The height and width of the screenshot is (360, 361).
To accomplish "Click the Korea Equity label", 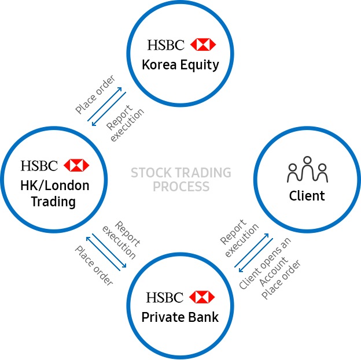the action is [x=181, y=65].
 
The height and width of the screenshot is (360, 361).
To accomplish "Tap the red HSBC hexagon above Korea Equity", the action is [x=203, y=44].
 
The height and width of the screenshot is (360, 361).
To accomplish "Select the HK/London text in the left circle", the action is [x=55, y=185].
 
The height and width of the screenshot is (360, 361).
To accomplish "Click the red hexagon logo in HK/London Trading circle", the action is [x=76, y=165].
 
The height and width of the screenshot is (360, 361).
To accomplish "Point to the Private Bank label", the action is [x=180, y=317].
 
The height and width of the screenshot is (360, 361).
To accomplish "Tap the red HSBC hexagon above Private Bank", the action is [x=202, y=297].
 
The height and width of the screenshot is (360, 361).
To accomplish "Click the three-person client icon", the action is [x=307, y=169].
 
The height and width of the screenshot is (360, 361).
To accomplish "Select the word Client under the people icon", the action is [x=307, y=196].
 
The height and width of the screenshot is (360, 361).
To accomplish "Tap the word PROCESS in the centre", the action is [x=181, y=187].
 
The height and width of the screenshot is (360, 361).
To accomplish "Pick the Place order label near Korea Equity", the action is [x=95, y=94].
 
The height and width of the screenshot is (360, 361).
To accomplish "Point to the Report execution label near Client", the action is [x=240, y=238].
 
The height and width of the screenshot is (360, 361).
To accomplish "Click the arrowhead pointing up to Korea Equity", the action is [x=120, y=89].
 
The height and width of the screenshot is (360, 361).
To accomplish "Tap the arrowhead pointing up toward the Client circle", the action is [x=267, y=236].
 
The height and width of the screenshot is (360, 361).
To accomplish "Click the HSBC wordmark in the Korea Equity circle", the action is [x=166, y=44].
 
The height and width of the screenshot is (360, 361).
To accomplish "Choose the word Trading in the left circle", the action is [x=53, y=202].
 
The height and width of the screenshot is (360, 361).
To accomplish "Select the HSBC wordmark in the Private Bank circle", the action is [x=165, y=297].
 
